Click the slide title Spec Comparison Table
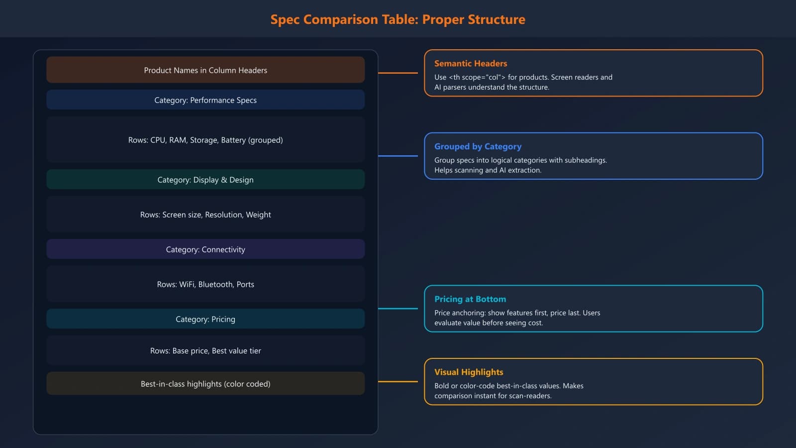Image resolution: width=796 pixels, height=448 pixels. coord(398,19)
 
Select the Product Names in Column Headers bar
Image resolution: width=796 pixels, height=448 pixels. coord(205,70)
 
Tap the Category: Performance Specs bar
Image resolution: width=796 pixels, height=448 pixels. coord(205,100)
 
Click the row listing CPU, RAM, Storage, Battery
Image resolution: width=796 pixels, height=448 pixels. coord(205,140)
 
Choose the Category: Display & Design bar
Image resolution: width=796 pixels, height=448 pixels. coord(205,180)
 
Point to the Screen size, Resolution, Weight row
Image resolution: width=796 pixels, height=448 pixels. coord(205,215)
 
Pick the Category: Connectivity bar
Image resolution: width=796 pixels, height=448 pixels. coord(205,249)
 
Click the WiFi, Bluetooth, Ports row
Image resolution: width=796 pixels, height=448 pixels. coord(205,284)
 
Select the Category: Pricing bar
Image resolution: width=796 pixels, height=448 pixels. coord(205,319)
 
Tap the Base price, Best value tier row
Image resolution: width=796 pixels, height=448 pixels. coord(205,351)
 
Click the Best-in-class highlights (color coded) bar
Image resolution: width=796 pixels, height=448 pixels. coord(205,384)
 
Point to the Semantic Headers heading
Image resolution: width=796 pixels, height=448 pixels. coord(471,63)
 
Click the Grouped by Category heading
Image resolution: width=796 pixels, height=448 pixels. coord(478,146)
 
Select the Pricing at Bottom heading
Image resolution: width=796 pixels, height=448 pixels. coord(470,299)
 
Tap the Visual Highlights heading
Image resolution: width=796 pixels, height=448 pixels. coord(469,372)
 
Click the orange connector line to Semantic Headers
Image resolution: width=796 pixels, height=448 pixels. coord(398,73)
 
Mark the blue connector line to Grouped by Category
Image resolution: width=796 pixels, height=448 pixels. coord(398,156)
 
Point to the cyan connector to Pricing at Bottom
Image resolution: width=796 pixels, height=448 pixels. coord(398,309)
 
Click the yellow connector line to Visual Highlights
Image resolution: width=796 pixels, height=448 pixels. coord(398,382)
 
